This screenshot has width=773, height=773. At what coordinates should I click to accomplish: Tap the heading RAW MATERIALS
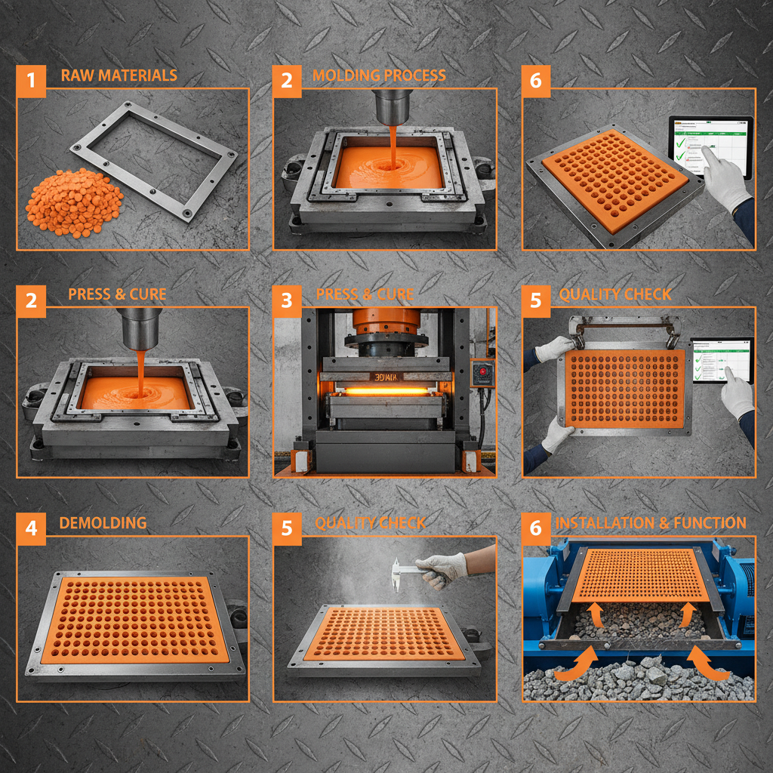tap(119, 75)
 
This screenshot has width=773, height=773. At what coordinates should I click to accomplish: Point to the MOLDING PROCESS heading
tap(379, 75)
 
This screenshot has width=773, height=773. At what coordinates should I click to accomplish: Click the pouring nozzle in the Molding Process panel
tap(393, 106)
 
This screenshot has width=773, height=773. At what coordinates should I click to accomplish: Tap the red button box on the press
tap(481, 372)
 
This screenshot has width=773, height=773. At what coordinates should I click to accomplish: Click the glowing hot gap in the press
tap(386, 391)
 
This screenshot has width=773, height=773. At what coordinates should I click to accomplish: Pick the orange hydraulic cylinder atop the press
tap(386, 323)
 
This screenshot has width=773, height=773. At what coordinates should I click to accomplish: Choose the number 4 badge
tap(31, 528)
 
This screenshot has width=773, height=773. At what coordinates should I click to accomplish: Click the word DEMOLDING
tap(103, 523)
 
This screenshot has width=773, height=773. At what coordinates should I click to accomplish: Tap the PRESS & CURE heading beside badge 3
tap(365, 294)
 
